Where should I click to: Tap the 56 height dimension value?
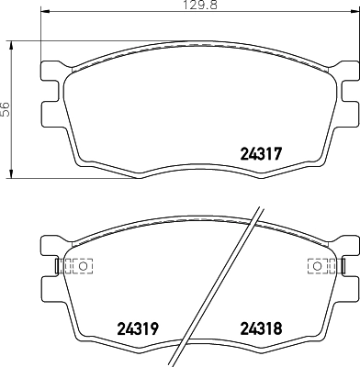[6, 108]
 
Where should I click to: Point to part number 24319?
[135, 328]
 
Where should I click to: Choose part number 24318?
[260, 328]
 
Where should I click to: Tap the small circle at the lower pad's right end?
[317, 266]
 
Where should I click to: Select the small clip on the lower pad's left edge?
[58, 266]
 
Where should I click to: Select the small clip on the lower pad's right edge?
[341, 266]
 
